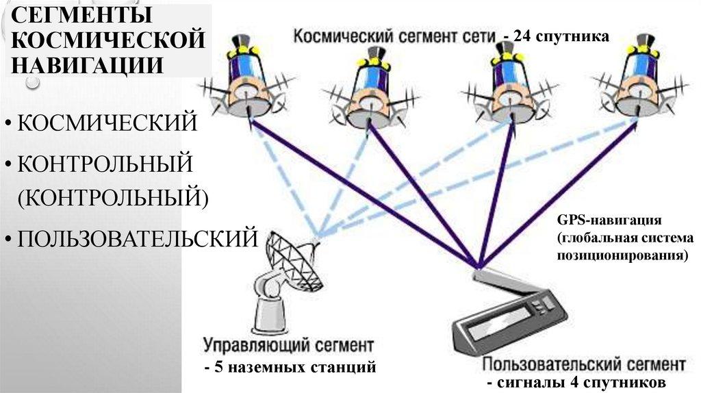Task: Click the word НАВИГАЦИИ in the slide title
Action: coord(86,65)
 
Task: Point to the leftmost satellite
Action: coord(243,86)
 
